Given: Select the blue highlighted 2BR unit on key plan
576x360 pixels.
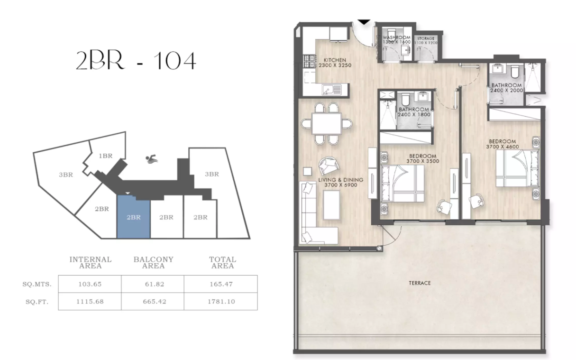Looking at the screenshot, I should tap(133, 218).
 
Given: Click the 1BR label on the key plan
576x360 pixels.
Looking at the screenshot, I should tap(105, 156).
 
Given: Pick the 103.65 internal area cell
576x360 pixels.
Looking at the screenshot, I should tap(90, 284).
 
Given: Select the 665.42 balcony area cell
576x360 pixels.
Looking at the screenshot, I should tap(153, 301).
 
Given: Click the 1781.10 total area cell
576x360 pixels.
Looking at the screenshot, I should tap(222, 301).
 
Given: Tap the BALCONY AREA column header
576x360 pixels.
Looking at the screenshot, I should tap(153, 262).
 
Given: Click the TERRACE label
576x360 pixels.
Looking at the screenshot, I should tap(420, 283).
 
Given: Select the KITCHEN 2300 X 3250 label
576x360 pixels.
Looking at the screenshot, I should tap(338, 63).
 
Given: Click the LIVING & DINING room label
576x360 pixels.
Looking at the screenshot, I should tap(340, 183).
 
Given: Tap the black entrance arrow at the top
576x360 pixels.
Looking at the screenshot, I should tap(363, 22).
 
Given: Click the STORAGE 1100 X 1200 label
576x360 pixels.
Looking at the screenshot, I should tap(425, 41).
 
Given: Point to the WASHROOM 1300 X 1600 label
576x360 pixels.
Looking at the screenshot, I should tap(396, 39).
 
